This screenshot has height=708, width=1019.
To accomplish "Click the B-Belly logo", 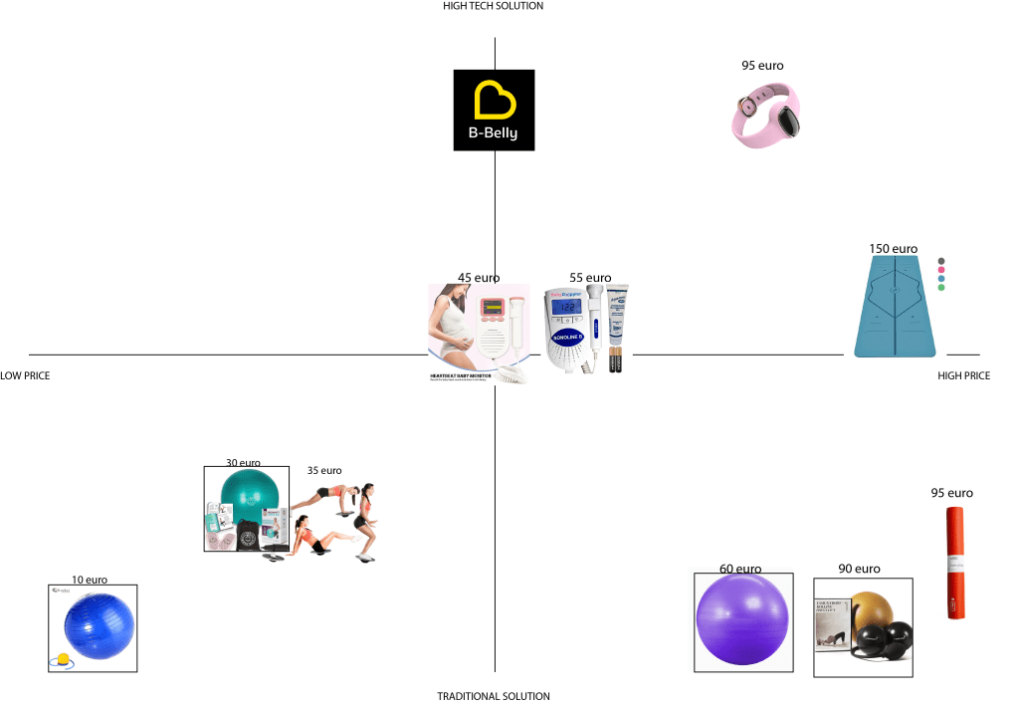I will pos(494,110).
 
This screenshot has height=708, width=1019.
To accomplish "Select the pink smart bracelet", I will pos(765,116).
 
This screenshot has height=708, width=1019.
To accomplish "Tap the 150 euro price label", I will pos(893,249).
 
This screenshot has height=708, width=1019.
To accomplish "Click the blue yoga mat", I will pos(894,306).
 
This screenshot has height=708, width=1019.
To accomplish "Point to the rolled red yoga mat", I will pos(954,564).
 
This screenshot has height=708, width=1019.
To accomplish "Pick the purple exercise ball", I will pos(742,621).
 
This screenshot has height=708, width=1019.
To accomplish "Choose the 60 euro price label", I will pos(740,570).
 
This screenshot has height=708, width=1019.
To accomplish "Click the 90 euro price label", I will pos(859,570).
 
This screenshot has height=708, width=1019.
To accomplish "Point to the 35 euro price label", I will pos(324,471).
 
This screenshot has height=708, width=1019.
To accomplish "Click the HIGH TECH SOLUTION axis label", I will pos(494,6).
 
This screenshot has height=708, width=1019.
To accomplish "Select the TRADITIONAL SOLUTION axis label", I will pos(494,697).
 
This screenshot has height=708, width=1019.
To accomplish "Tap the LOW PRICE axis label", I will pos(25,376).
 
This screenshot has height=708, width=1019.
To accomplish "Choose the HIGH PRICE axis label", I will pos(964,376).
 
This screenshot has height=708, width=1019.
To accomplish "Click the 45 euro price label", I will pos(479,278).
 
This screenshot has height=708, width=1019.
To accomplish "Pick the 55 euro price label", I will pos(590,278).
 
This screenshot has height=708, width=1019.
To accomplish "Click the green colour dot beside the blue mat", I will pos(941,288).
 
